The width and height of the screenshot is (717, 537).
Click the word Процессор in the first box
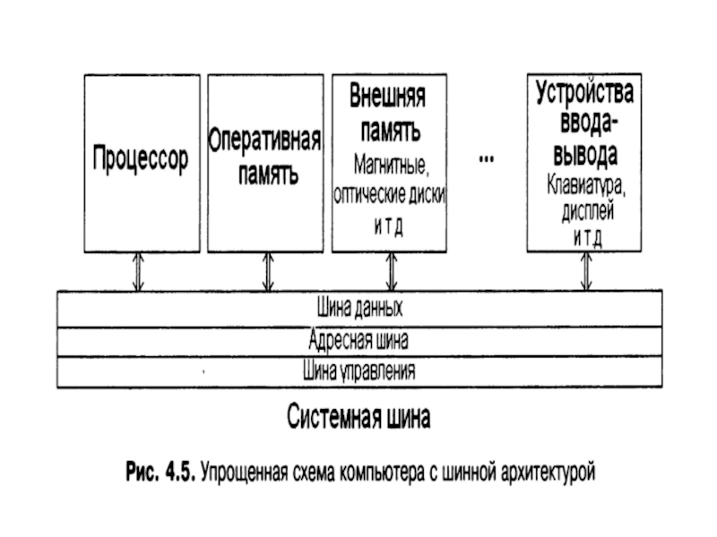(141, 158)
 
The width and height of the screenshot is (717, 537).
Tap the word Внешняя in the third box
(388, 96)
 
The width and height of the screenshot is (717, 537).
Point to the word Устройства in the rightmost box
(585, 92)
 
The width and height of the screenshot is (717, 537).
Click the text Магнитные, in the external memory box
(392, 165)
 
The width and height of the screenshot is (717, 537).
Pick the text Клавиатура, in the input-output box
(586, 185)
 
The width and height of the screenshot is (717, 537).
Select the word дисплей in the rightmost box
(588, 211)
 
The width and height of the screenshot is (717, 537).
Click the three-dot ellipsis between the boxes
(487, 159)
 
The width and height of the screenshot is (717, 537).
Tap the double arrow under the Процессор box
(138, 272)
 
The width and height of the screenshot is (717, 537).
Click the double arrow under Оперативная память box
(268, 272)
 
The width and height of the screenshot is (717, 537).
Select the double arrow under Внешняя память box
(392, 272)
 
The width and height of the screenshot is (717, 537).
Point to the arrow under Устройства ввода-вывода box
(586, 271)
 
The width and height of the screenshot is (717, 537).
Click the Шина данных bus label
(360, 308)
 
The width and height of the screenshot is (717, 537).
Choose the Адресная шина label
(358, 340)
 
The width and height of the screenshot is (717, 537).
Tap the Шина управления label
(359, 371)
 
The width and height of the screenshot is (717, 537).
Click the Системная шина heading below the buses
(359, 416)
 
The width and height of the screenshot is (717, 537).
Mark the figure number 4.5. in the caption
(181, 472)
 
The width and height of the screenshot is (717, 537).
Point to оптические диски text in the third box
(390, 195)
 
